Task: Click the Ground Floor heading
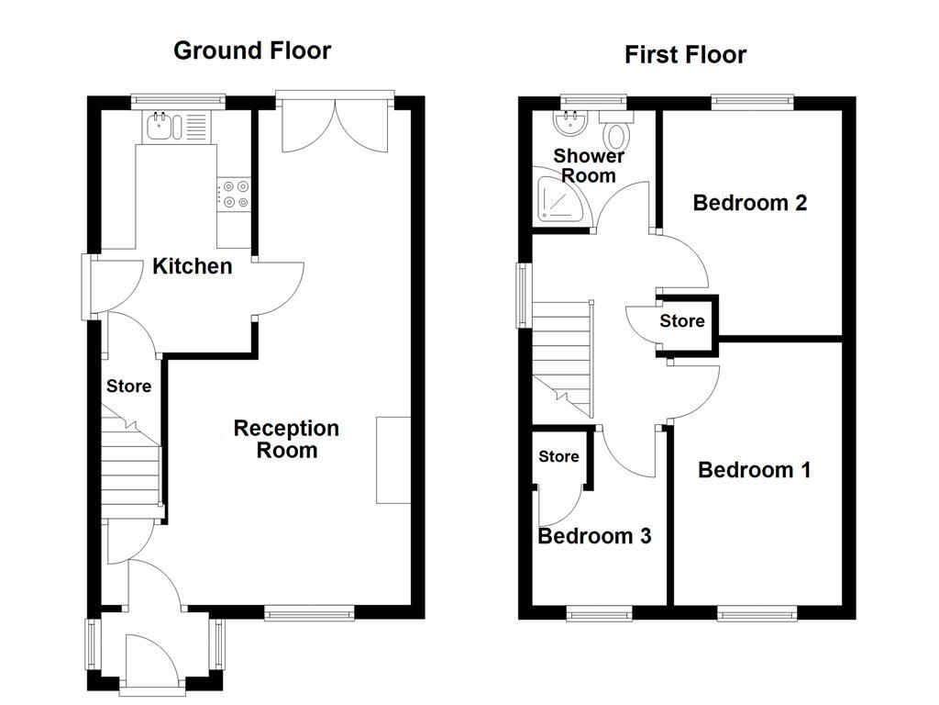click(252, 50)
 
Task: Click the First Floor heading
click(685, 55)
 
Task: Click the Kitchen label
click(192, 266)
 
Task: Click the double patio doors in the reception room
click(336, 124)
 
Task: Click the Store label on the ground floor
click(128, 386)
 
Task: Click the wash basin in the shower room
click(569, 123)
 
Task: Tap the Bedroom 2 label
click(749, 203)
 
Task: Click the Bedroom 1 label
click(754, 470)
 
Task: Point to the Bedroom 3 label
click(594, 536)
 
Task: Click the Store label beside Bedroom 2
click(682, 320)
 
